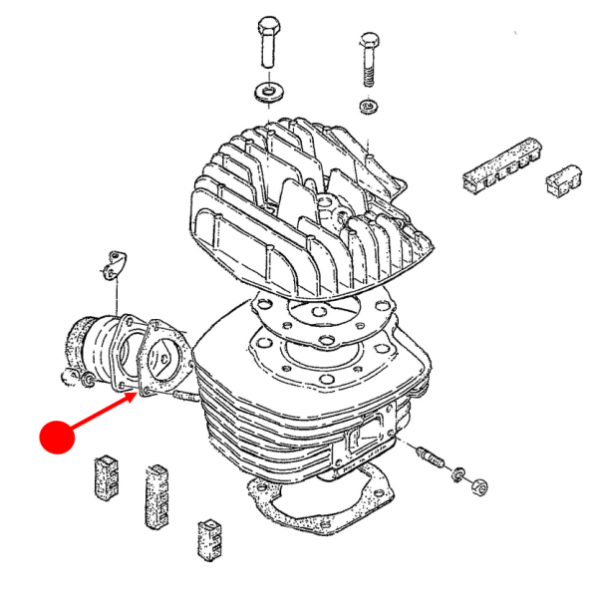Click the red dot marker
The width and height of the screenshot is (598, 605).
(57, 438)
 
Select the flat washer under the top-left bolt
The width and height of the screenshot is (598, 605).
(266, 93)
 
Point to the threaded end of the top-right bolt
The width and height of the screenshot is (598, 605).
(367, 74)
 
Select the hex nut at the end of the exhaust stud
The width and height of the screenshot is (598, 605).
(477, 486)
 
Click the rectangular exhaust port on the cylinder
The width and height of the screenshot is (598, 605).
(366, 436)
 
